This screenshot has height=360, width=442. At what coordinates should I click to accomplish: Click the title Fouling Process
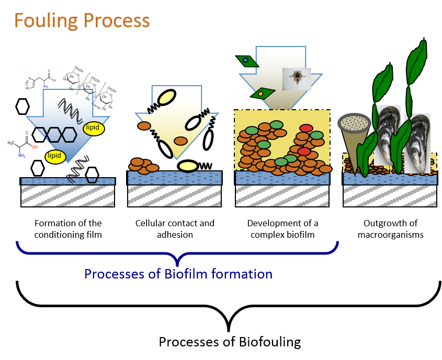coord(82,21)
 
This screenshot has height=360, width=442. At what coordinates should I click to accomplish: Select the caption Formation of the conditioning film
coord(68,229)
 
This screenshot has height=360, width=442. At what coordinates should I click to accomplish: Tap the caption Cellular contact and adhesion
coord(175,229)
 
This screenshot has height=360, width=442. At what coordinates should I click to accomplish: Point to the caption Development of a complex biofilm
coord(282,229)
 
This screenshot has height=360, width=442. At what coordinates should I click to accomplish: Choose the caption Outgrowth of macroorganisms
coord(390,229)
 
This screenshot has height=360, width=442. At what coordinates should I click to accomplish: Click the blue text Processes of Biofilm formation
coord(178,274)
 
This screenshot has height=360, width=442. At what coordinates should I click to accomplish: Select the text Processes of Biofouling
coord(230,342)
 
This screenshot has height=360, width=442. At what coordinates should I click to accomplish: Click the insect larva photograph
coord(297,79)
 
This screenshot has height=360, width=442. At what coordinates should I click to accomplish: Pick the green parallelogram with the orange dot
coord(260,94)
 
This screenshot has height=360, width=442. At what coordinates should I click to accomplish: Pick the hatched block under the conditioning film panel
coord(68,196)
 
